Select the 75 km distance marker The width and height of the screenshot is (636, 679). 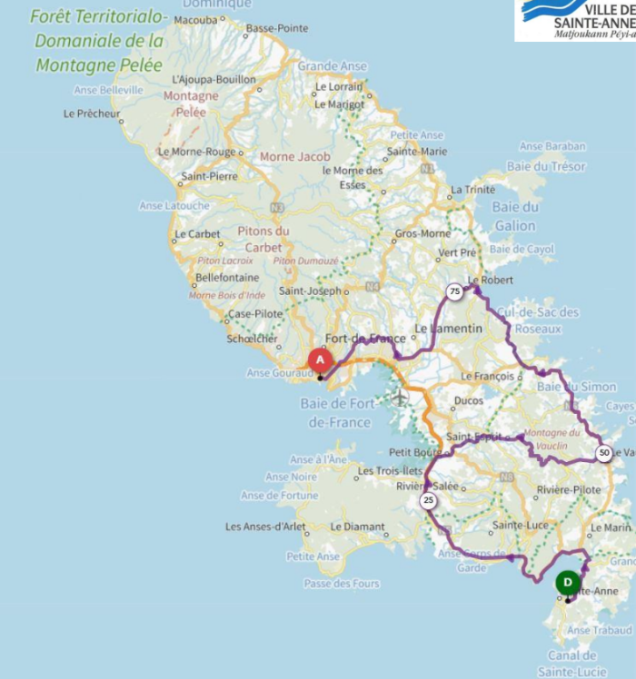(x=453, y=291)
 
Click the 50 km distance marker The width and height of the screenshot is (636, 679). (x=603, y=452)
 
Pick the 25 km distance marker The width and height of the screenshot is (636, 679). (x=428, y=500)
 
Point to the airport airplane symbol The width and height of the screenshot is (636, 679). (x=400, y=397)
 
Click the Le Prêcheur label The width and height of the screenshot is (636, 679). (x=92, y=114)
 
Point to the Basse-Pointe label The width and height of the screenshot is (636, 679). (x=277, y=28)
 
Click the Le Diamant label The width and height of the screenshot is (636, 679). (x=354, y=526)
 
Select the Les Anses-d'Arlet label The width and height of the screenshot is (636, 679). (x=266, y=526)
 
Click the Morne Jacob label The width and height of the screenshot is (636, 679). (x=295, y=156)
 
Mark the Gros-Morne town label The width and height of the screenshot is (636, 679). (x=422, y=233)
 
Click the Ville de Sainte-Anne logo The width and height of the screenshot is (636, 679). (x=575, y=20)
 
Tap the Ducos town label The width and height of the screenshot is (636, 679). (x=468, y=399)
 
